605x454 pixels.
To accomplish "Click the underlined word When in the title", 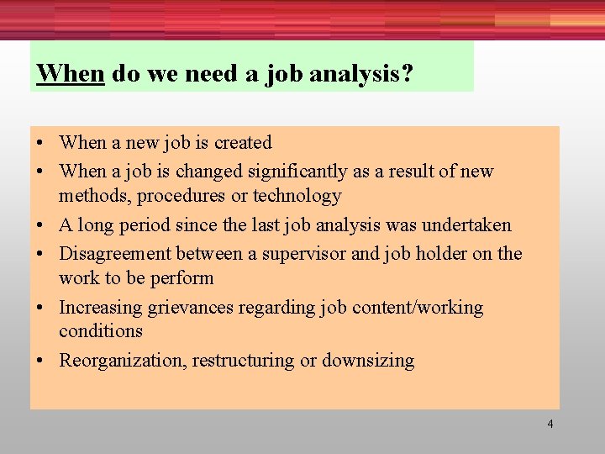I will coord(71,74).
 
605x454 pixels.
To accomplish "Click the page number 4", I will coord(550,424).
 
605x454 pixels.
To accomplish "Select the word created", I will coord(243,143).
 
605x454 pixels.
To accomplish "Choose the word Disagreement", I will coord(114,254).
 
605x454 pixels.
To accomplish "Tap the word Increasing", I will coord(101,308).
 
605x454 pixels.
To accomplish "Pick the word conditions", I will coord(101,331).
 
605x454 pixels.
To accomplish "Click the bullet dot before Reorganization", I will coord(40,362).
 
